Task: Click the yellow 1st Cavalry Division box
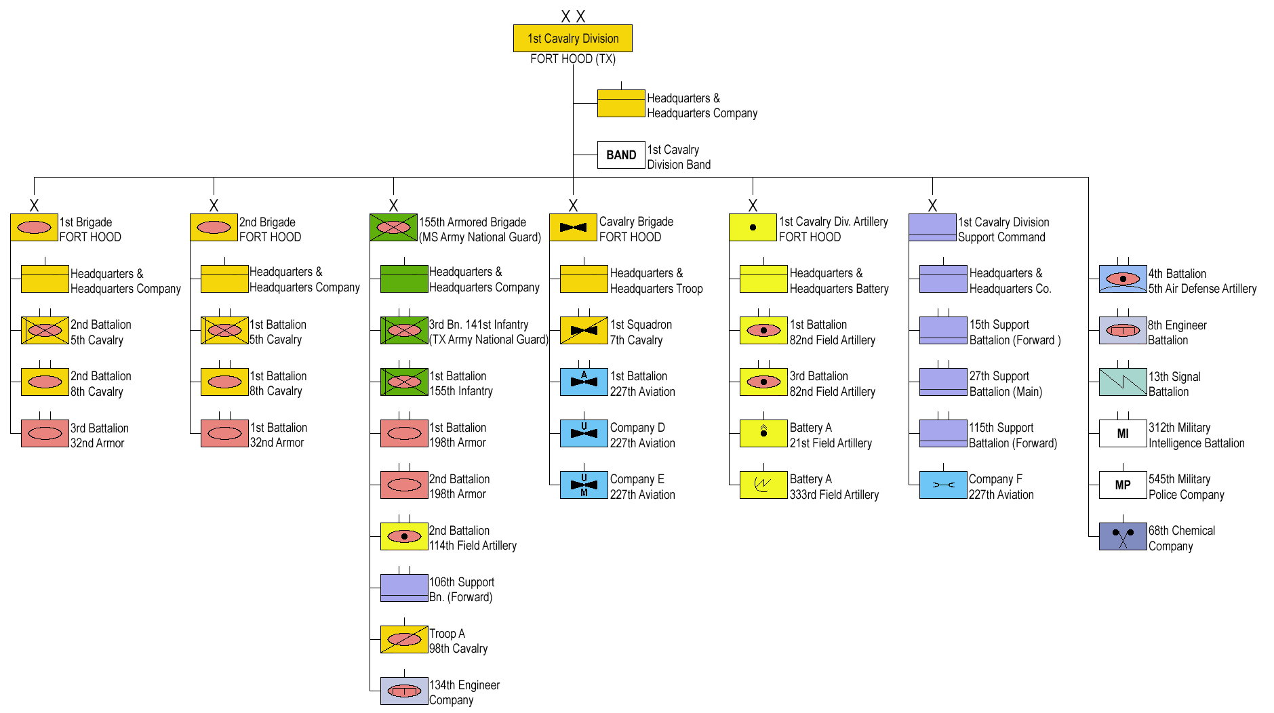[x=572, y=39]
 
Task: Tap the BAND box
[x=620, y=155]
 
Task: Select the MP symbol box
[x=1122, y=485]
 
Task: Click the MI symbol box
[x=1122, y=434]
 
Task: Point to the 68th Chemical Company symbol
[x=1122, y=537]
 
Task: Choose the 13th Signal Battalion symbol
[x=1122, y=382]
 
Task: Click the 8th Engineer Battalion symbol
[x=1122, y=331]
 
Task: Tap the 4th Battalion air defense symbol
[x=1122, y=279]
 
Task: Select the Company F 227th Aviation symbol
[x=942, y=485]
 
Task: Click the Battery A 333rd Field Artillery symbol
[x=763, y=485]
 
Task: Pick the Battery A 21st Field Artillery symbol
[x=763, y=434]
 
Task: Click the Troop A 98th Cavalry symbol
[x=404, y=640]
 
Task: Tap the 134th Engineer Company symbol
[x=404, y=691]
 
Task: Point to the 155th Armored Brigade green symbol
[x=393, y=228]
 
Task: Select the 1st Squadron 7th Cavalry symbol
[x=584, y=331]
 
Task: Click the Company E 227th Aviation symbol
[x=584, y=485]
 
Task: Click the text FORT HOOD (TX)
[x=572, y=59]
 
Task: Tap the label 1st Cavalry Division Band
[x=678, y=157]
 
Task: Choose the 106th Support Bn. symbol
[x=404, y=588]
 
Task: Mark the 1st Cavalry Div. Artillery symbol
[x=752, y=228]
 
